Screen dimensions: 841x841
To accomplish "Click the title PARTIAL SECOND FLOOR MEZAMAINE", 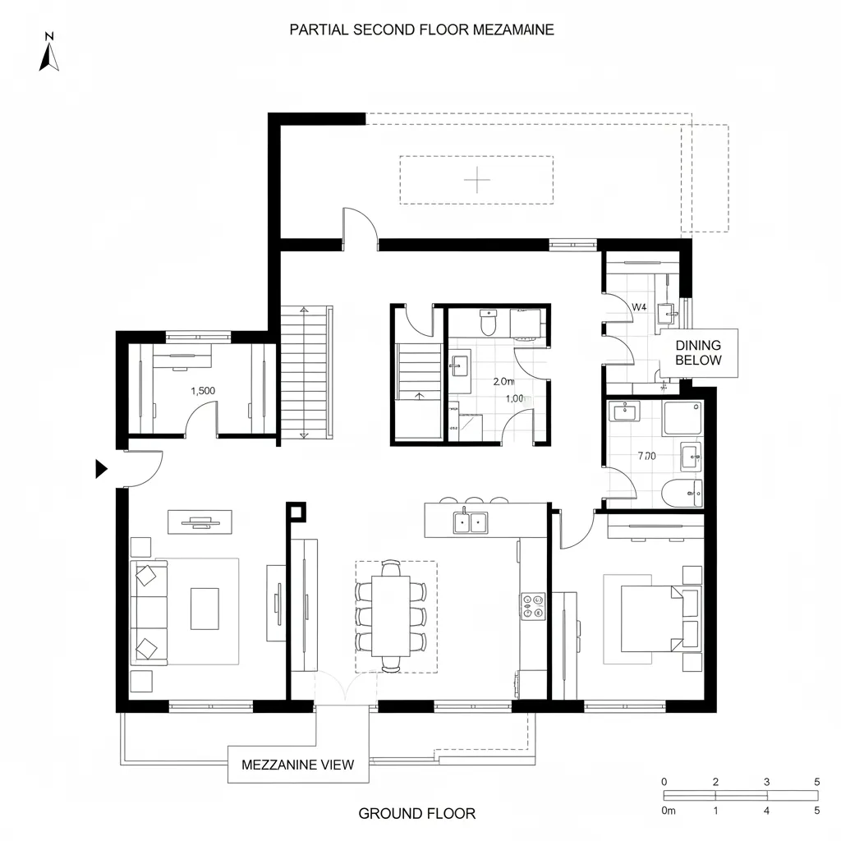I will [421, 30].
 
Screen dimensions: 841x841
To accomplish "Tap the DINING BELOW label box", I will [697, 353].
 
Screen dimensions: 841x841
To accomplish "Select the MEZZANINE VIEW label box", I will [297, 765].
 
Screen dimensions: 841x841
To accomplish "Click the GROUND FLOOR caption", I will [416, 814].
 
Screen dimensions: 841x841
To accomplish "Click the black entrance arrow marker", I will [101, 469].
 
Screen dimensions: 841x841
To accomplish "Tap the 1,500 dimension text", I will [203, 391].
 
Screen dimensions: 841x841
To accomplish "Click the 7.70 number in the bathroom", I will [646, 456].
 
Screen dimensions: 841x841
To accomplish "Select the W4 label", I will [638, 306].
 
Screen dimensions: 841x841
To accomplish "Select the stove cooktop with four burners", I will [533, 606].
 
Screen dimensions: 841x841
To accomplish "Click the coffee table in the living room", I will [205, 609].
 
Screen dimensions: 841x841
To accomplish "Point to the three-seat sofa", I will [149, 612].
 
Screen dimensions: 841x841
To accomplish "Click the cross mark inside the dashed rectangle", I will [477, 179].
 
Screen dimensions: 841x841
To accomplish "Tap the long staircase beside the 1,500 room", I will [306, 371].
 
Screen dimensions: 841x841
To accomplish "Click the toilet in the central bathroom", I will [488, 324].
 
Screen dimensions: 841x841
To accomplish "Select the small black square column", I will [295, 512].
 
